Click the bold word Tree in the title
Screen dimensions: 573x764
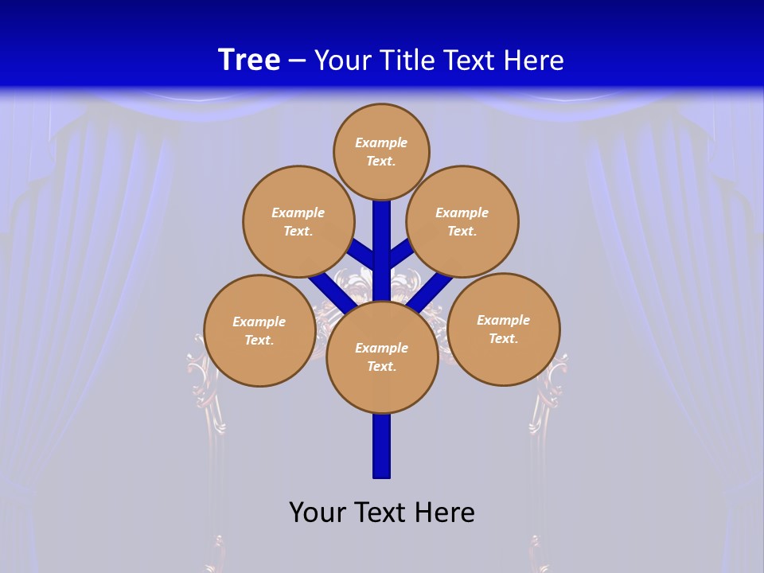click(249, 60)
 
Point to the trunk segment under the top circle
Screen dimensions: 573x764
click(382, 239)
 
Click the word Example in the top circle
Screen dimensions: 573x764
click(381, 142)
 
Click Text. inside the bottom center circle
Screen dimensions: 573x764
click(381, 366)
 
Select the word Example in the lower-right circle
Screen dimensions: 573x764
click(503, 320)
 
